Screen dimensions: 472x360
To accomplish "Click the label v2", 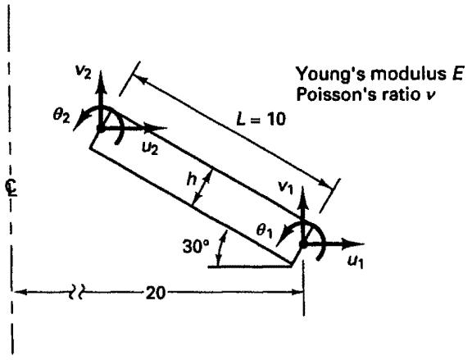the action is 83,71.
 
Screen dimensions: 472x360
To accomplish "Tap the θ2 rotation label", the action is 61,115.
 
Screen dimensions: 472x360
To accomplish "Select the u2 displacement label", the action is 150,148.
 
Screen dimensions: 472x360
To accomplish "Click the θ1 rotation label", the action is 265,231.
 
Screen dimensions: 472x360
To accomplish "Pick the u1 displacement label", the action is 355,262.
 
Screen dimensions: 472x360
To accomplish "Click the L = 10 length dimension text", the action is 261,119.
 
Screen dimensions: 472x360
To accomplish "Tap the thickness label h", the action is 192,179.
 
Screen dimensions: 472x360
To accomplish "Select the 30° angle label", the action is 196,247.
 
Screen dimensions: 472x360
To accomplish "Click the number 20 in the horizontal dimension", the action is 156,293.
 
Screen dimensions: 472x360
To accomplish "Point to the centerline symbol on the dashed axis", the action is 11,188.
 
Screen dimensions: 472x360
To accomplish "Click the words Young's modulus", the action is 371,74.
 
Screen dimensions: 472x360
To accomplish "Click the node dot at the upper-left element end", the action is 101,129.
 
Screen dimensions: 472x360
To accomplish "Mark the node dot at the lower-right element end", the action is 303,244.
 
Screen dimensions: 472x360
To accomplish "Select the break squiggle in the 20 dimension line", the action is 75,292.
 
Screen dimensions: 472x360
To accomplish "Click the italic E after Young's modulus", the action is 457,74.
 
